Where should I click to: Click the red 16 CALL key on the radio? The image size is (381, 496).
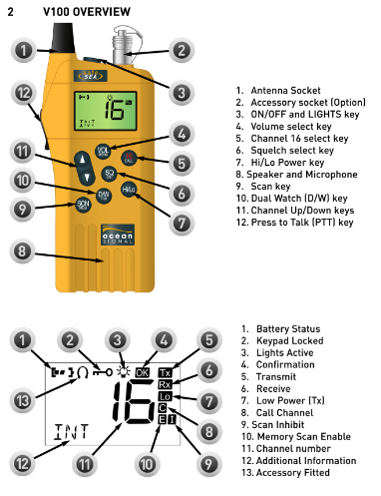pyautogui.click(x=129, y=158)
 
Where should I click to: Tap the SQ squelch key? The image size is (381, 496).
pyautogui.click(x=109, y=174)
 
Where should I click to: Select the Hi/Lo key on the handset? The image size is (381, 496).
pyautogui.click(x=129, y=190)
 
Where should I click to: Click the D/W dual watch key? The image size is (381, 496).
pyautogui.click(x=104, y=196)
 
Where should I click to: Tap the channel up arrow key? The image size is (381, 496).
pyautogui.click(x=82, y=160)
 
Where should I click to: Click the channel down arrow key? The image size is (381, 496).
pyautogui.click(x=87, y=177)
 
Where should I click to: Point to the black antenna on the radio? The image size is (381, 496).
pyautogui.click(x=63, y=38)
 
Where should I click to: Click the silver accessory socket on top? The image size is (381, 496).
pyautogui.click(x=123, y=46)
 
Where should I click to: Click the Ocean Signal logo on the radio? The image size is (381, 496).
pyautogui.click(x=118, y=235)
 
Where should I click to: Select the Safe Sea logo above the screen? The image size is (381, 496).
pyautogui.click(x=91, y=76)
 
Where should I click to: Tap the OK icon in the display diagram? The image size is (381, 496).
pyautogui.click(x=143, y=372)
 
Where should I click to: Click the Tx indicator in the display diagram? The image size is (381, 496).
pyautogui.click(x=165, y=373)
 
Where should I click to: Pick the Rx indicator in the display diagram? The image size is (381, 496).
pyautogui.click(x=165, y=385)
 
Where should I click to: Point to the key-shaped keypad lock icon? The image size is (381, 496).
pyautogui.click(x=103, y=372)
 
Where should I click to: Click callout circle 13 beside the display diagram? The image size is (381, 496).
pyautogui.click(x=22, y=400)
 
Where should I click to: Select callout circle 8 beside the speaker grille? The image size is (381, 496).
pyautogui.click(x=22, y=251)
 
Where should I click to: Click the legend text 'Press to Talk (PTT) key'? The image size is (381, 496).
pyautogui.click(x=302, y=222)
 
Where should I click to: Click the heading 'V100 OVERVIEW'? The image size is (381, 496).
pyautogui.click(x=87, y=12)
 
